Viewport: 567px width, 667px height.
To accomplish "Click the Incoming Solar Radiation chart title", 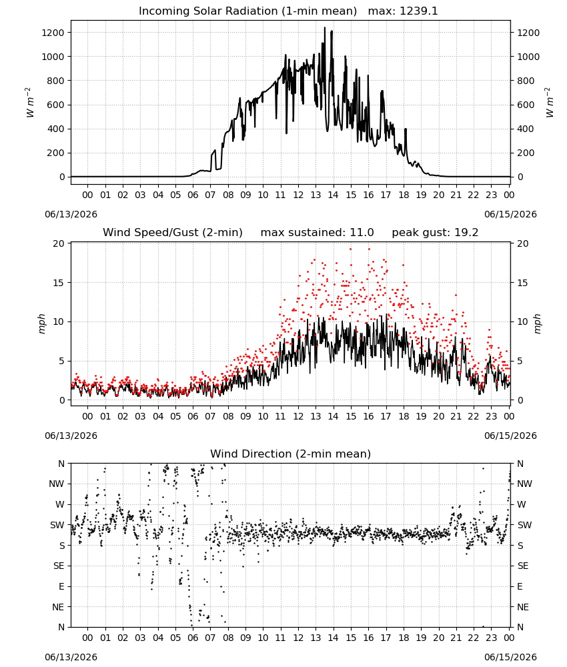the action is pos(247,11).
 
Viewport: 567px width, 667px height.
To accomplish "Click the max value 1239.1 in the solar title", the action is pos(418,11).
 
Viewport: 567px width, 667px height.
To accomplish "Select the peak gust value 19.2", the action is pos(466,233).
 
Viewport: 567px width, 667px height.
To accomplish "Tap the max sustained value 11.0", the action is pos(362,233).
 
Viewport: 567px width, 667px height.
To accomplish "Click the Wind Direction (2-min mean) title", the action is pos(291,454).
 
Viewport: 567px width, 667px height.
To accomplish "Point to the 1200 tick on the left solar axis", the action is pos(53,33).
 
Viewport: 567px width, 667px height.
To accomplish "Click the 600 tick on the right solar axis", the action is pos(526,105).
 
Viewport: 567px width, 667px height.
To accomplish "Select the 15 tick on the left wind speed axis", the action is pos(59,283).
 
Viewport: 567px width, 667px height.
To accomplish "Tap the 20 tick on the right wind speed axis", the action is pos(523,243).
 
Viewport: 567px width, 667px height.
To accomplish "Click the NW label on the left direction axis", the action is pos(57,484).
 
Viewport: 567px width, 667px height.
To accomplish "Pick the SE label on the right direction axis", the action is pos(523,566).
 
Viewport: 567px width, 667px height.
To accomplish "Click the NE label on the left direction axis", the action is pos(58,608).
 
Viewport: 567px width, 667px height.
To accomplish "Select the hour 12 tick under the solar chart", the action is pos(298,195).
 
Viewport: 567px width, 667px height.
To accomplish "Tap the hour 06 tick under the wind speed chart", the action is pos(193,416).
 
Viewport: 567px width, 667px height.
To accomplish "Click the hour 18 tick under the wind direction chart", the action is pos(404,638).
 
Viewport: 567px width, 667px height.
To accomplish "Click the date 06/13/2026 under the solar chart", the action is pos(71,214).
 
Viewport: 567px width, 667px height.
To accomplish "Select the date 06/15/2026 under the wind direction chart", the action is pos(510,657).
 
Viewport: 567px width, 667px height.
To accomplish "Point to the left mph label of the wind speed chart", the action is pos(41,323).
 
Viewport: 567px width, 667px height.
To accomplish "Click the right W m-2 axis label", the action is pos(549,102).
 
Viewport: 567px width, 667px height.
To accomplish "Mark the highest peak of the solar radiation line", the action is pos(325,27).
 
